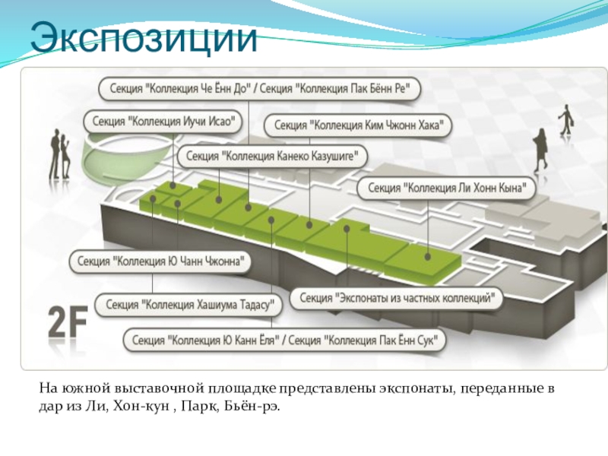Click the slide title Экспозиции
click(144, 39)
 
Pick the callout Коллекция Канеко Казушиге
click(273, 157)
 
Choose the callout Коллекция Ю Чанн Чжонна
click(160, 261)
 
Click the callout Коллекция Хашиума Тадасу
click(190, 306)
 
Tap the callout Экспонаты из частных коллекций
click(397, 299)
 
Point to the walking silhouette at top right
click(564, 120)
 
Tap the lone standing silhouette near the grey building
click(540, 150)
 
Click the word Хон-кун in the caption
click(140, 407)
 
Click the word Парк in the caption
click(205, 407)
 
